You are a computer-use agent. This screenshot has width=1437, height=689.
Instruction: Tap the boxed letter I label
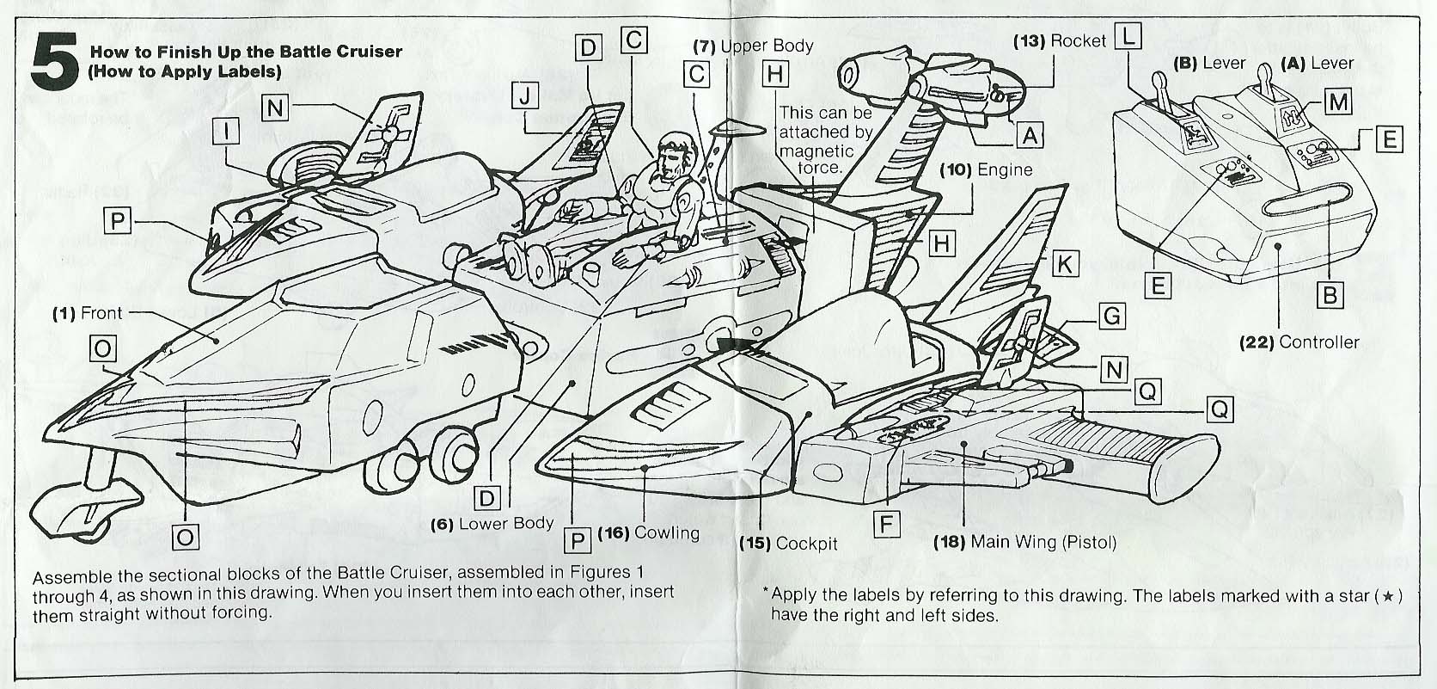[x=226, y=132]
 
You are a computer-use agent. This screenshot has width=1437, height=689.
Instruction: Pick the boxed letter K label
[x=1064, y=264]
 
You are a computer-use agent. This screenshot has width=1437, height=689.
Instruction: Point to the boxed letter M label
[x=1338, y=103]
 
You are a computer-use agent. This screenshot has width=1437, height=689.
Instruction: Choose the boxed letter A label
[x=1030, y=134]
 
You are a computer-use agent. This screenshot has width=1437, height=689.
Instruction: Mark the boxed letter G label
[x=1111, y=316]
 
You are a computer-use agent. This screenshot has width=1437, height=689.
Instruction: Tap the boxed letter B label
[x=1330, y=295]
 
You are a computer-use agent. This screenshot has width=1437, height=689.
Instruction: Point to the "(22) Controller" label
[x=1299, y=341]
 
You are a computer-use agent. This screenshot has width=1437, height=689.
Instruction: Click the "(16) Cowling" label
[x=648, y=532]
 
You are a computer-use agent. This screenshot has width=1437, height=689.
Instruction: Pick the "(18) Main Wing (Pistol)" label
[x=1024, y=542]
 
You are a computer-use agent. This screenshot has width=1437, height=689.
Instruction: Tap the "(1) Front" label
[x=88, y=313]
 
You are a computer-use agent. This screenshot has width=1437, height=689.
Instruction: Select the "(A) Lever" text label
[x=1317, y=63]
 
